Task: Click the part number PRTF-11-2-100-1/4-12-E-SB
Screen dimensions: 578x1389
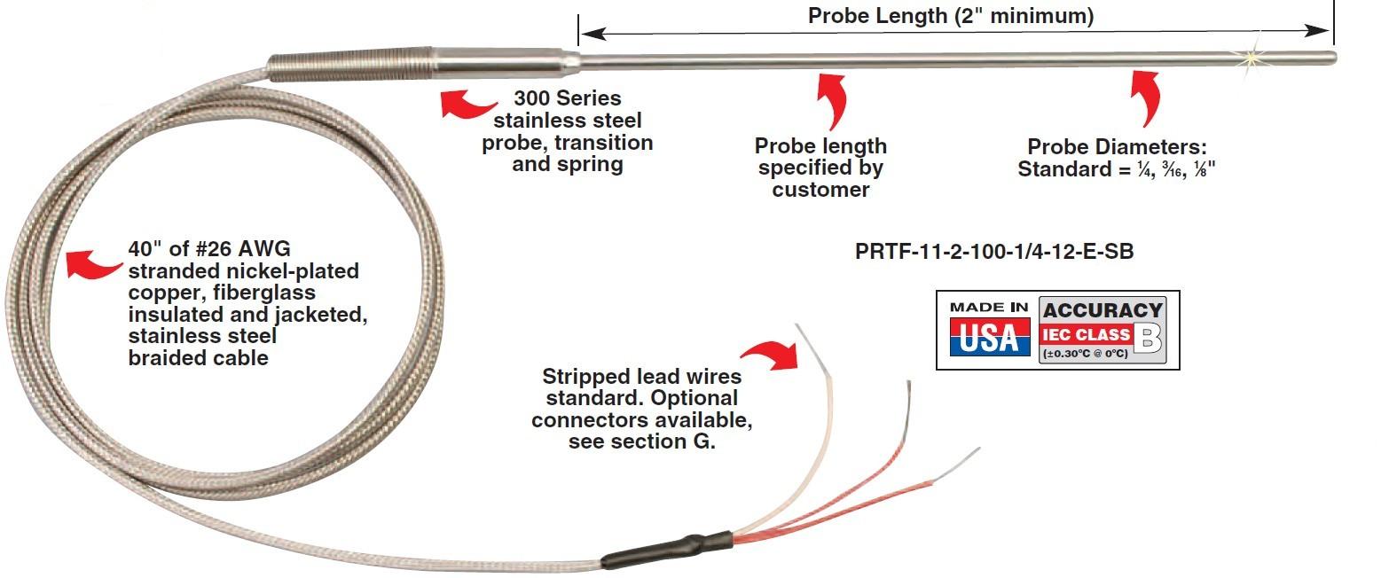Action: pyautogui.click(x=994, y=252)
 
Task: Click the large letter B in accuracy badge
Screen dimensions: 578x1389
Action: pyautogui.click(x=1149, y=338)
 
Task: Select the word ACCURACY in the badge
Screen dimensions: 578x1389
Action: pyautogui.click(x=1103, y=309)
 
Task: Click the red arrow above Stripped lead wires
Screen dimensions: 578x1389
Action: pyautogui.click(x=771, y=357)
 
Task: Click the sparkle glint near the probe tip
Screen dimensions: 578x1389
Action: pyautogui.click(x=1254, y=58)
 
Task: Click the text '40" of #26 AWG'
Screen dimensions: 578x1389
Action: pyautogui.click(x=208, y=250)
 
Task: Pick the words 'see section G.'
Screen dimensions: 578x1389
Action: pyautogui.click(x=641, y=441)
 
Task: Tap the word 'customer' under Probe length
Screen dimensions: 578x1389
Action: pyautogui.click(x=820, y=190)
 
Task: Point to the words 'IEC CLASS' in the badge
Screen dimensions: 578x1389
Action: pyautogui.click(x=1087, y=334)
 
